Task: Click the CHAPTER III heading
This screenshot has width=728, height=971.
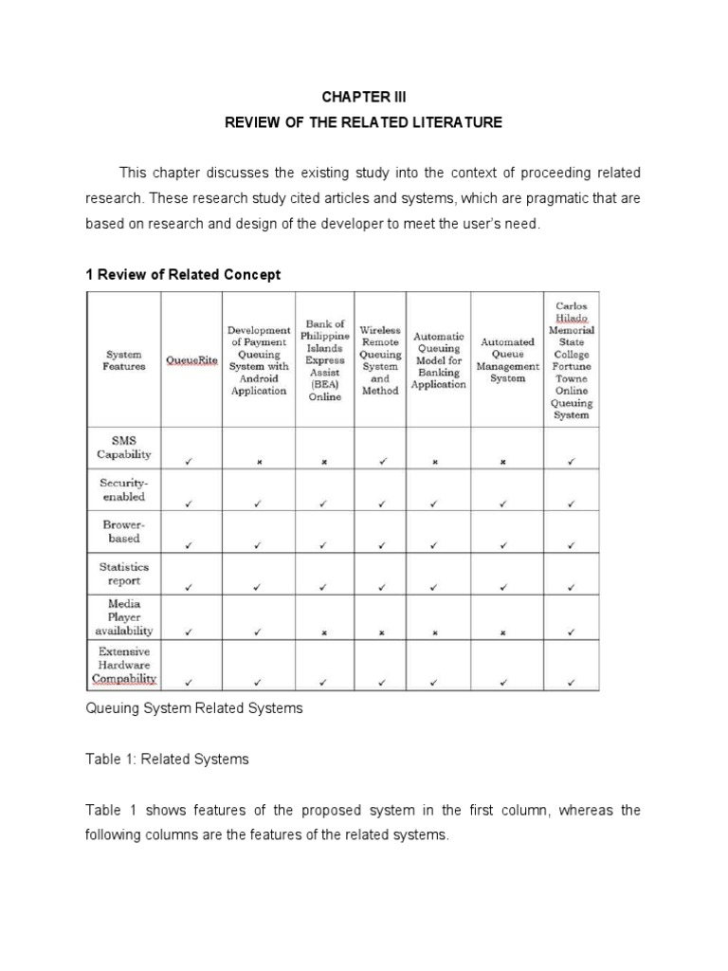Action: click(x=363, y=98)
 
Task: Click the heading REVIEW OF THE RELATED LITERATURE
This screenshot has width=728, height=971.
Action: click(x=363, y=123)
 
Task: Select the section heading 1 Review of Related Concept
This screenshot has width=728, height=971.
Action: click(x=183, y=275)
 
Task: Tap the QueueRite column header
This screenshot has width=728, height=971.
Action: click(x=191, y=360)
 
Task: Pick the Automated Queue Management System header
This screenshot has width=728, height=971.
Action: click(x=507, y=360)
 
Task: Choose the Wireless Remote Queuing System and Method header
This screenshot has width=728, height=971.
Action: click(x=380, y=360)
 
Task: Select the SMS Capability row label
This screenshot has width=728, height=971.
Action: click(x=124, y=448)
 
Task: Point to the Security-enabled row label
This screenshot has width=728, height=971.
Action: click(x=124, y=489)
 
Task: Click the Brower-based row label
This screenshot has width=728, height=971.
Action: click(x=124, y=531)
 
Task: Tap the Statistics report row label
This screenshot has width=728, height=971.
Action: click(x=124, y=574)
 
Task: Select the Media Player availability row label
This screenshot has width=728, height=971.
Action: click(x=124, y=616)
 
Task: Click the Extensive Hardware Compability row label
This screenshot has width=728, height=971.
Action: click(x=124, y=666)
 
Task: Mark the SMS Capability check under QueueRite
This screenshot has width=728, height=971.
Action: click(x=190, y=462)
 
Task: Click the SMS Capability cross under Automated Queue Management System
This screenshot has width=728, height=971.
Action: click(x=503, y=463)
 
